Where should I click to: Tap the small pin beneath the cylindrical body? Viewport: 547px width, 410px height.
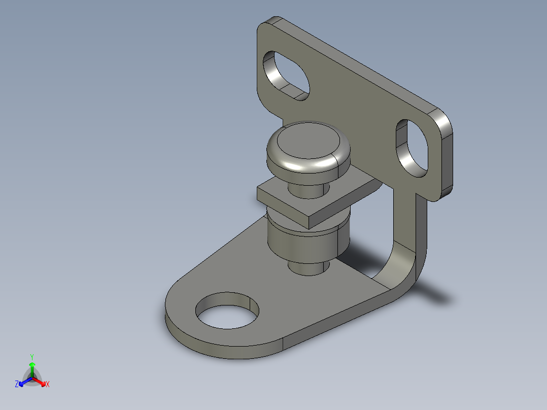click(306, 268)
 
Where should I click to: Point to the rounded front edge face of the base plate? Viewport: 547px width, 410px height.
click(218, 350)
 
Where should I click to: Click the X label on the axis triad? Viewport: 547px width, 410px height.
click(47, 384)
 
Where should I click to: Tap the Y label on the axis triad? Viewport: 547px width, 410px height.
click(31, 356)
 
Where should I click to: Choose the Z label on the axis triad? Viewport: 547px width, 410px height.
click(17, 384)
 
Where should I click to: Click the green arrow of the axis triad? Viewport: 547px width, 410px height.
click(31, 368)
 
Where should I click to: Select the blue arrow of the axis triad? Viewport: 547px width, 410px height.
click(23, 382)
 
